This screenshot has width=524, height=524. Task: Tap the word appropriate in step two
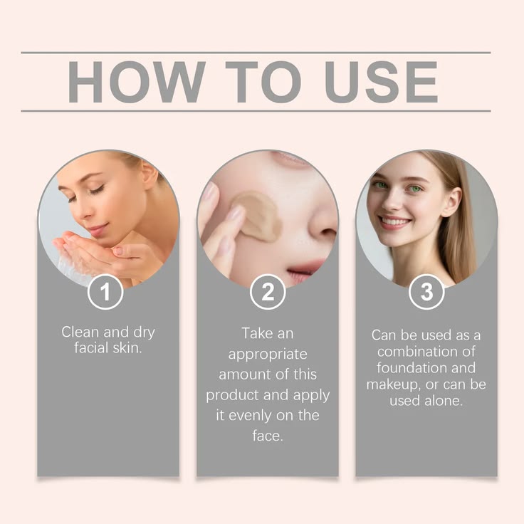pyautogui.click(x=268, y=354)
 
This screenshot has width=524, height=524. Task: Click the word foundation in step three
pyautogui.click(x=408, y=368)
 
